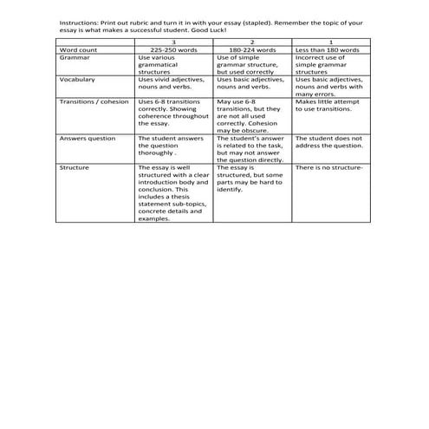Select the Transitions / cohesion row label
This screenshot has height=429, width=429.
click(94, 101)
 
